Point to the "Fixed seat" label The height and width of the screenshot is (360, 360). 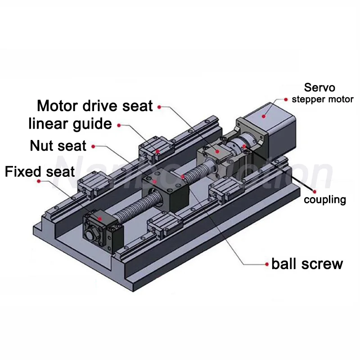(40, 171)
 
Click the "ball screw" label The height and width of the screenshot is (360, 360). (307, 263)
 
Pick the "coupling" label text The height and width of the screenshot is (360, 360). (325, 199)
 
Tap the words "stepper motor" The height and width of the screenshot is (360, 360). (323, 99)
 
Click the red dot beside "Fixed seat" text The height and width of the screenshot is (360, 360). (39, 181)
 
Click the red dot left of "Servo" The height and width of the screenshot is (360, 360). (286, 98)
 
